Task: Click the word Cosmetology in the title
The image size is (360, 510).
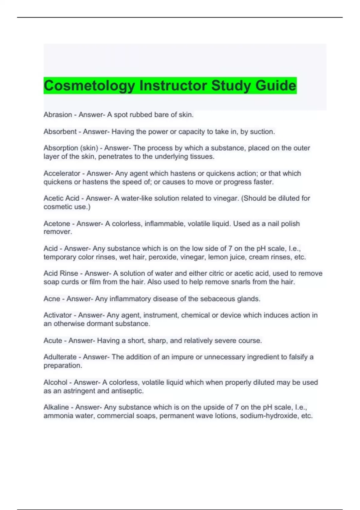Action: tap(90, 86)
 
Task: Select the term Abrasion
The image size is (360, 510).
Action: tap(58, 115)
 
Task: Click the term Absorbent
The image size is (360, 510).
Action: tap(60, 131)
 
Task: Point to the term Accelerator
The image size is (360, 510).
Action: tap(62, 173)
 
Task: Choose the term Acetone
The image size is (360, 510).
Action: tap(57, 223)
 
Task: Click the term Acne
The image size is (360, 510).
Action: tap(52, 299)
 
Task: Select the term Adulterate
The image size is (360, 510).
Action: tap(60, 357)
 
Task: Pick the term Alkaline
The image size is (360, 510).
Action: tap(56, 407)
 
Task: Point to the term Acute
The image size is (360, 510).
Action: tap(53, 340)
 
